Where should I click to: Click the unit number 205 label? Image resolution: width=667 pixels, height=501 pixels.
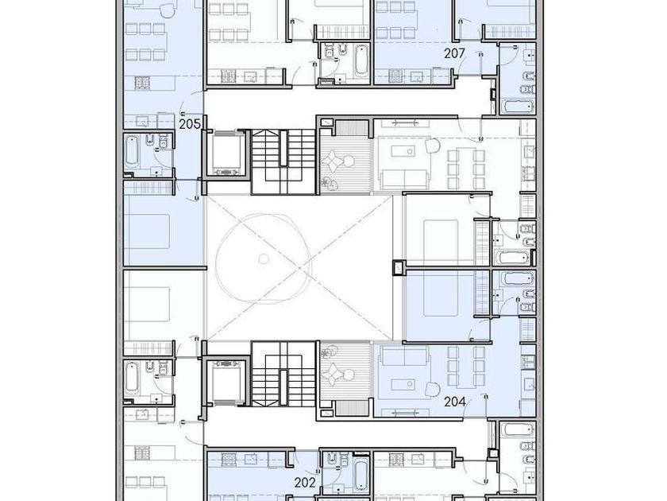click(x=190, y=124)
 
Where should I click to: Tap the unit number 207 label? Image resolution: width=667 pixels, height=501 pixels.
click(x=455, y=53)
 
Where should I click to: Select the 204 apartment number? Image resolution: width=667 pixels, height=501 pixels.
click(x=455, y=402)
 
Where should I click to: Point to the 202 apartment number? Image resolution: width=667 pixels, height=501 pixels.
click(x=305, y=482)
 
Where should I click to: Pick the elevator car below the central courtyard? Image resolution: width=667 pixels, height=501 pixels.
click(x=226, y=383)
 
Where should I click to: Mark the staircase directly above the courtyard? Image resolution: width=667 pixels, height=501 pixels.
click(x=283, y=161)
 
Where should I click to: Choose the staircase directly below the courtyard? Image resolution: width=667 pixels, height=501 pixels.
click(x=283, y=374)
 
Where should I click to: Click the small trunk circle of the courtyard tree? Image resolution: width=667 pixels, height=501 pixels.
click(x=264, y=258)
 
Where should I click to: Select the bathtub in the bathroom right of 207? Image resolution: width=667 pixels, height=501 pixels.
click(x=517, y=107)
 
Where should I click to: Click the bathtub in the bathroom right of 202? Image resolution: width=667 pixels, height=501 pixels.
click(x=360, y=476)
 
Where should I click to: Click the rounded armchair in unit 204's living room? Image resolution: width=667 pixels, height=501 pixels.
click(x=433, y=389)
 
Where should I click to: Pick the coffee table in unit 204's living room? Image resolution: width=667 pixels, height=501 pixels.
click(x=403, y=385)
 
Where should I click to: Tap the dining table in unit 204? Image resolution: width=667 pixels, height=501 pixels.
click(x=466, y=367)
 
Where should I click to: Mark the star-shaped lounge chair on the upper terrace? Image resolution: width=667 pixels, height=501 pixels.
click(x=330, y=161)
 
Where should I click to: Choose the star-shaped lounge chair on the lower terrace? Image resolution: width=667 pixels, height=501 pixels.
click(x=330, y=375)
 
